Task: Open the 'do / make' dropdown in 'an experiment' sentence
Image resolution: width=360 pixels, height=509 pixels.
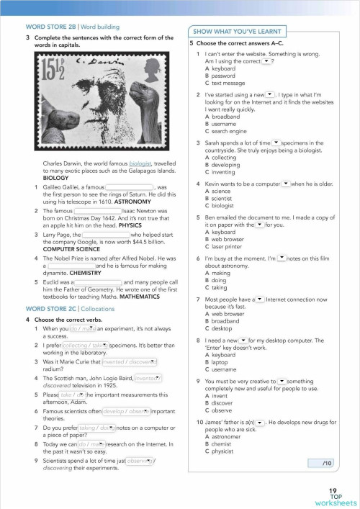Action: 83,328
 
